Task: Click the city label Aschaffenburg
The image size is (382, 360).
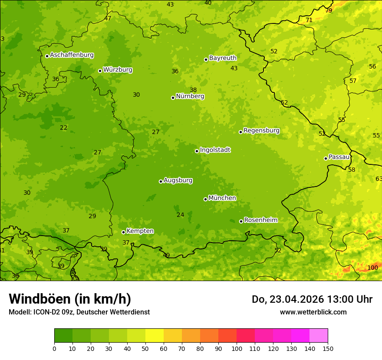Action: click(72, 55)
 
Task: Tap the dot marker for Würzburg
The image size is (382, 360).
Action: click(100, 71)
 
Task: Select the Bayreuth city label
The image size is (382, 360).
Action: click(223, 58)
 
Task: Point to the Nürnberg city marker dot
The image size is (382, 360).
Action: click(173, 98)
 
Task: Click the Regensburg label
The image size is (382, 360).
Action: click(261, 131)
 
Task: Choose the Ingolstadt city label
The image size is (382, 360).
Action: click(215, 150)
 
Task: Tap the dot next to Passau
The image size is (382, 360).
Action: click(326, 158)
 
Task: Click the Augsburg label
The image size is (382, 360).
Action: click(178, 180)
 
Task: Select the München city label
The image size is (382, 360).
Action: click(222, 198)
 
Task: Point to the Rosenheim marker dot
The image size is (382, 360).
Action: click(241, 221)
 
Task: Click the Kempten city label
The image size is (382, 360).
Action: click(140, 231)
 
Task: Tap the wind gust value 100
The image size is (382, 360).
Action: click(372, 268)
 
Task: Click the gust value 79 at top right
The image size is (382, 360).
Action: click(329, 10)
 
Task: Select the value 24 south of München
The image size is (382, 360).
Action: click(181, 215)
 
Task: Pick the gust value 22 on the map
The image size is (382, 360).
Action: click(64, 128)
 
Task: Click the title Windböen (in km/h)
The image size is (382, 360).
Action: click(70, 299)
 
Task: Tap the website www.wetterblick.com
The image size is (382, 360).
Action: click(313, 312)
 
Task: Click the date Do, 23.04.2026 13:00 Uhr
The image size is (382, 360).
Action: click(312, 299)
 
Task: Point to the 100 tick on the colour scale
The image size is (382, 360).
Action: click(237, 348)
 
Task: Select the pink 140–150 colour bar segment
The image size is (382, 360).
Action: click(319, 336)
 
